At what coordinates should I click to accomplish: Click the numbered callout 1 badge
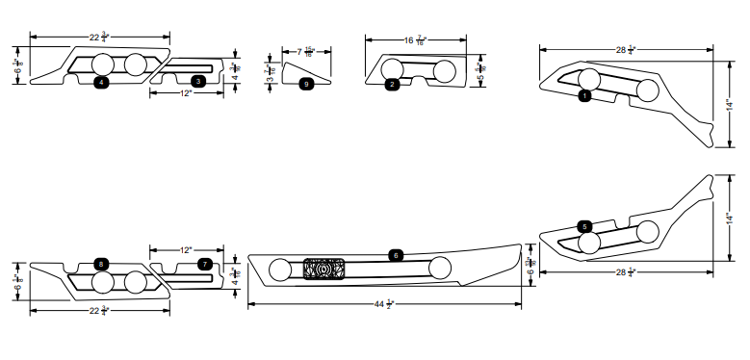coord(584,96)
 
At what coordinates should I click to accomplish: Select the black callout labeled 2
coord(392,85)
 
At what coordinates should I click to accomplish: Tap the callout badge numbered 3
coord(197,82)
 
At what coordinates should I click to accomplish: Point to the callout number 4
coord(101,83)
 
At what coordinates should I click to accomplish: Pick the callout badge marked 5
coord(585,226)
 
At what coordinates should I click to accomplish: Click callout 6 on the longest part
coord(395,255)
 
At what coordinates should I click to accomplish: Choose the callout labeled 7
coord(204,263)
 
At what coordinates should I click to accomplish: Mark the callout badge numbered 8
coord(102,263)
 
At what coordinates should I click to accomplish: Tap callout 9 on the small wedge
coord(306,84)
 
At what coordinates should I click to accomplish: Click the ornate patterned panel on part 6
coord(323,270)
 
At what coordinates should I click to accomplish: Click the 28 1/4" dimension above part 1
coord(626,48)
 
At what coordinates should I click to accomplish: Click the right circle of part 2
coord(445,71)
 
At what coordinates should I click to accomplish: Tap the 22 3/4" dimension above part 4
coord(99,37)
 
